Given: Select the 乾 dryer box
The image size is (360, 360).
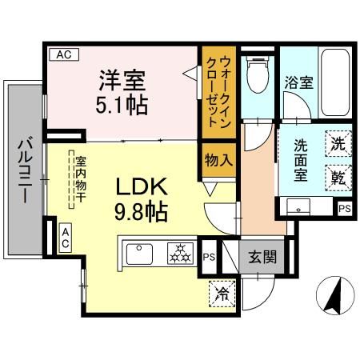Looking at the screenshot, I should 338,177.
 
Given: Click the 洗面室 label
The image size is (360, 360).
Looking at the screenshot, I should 300,161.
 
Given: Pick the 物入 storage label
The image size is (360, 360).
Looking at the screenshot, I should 218,159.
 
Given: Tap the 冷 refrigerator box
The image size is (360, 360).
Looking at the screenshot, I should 222,293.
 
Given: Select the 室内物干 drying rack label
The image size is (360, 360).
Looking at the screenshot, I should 80,180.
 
